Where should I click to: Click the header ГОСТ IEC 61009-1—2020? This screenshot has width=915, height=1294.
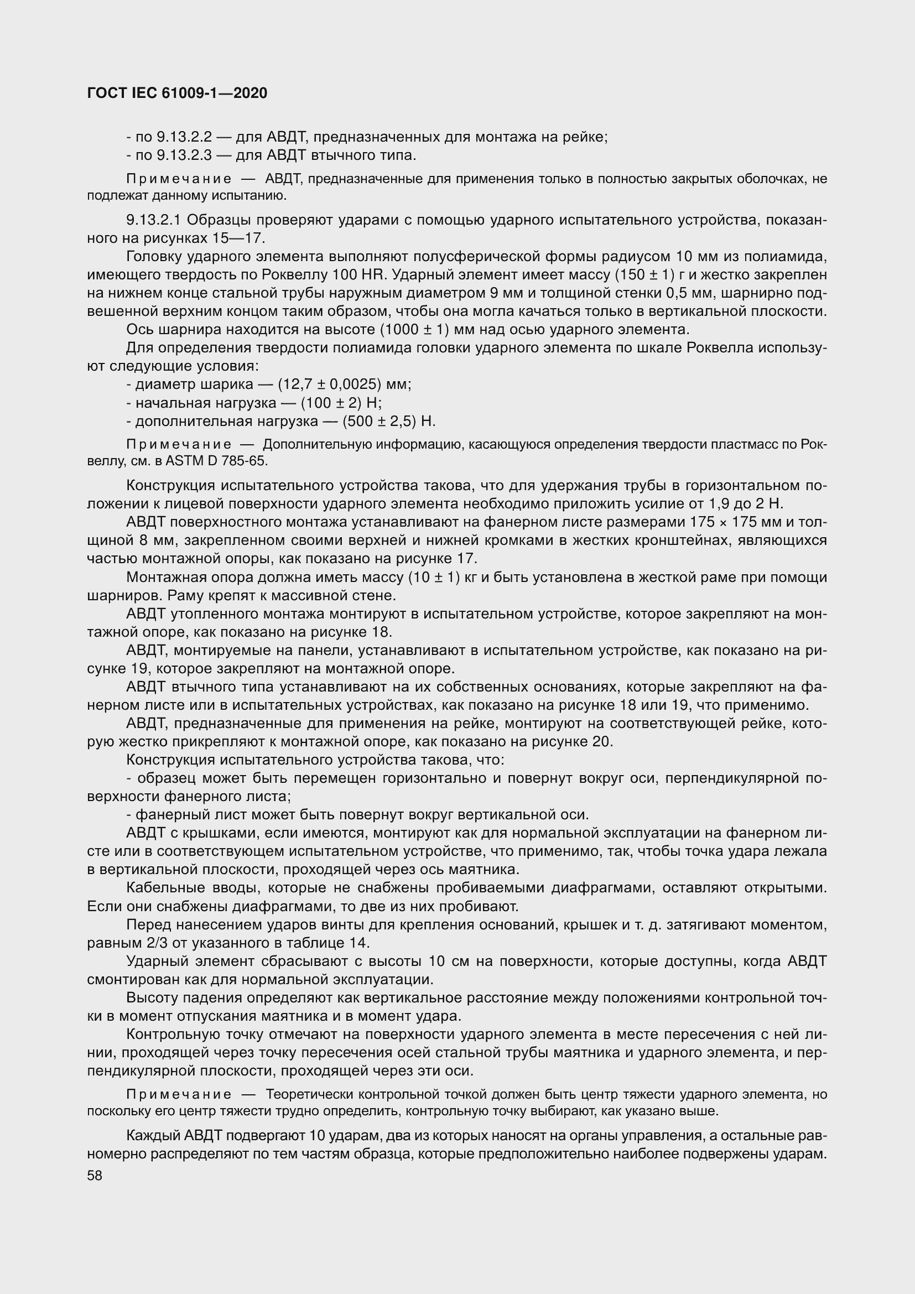(177, 93)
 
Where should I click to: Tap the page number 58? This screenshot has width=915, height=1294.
(95, 1176)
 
